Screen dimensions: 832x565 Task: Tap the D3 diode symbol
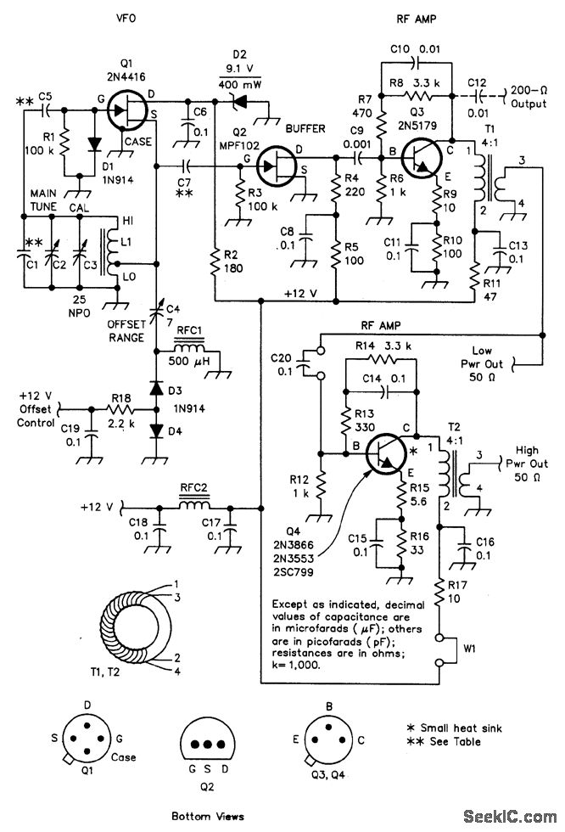point(156,389)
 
